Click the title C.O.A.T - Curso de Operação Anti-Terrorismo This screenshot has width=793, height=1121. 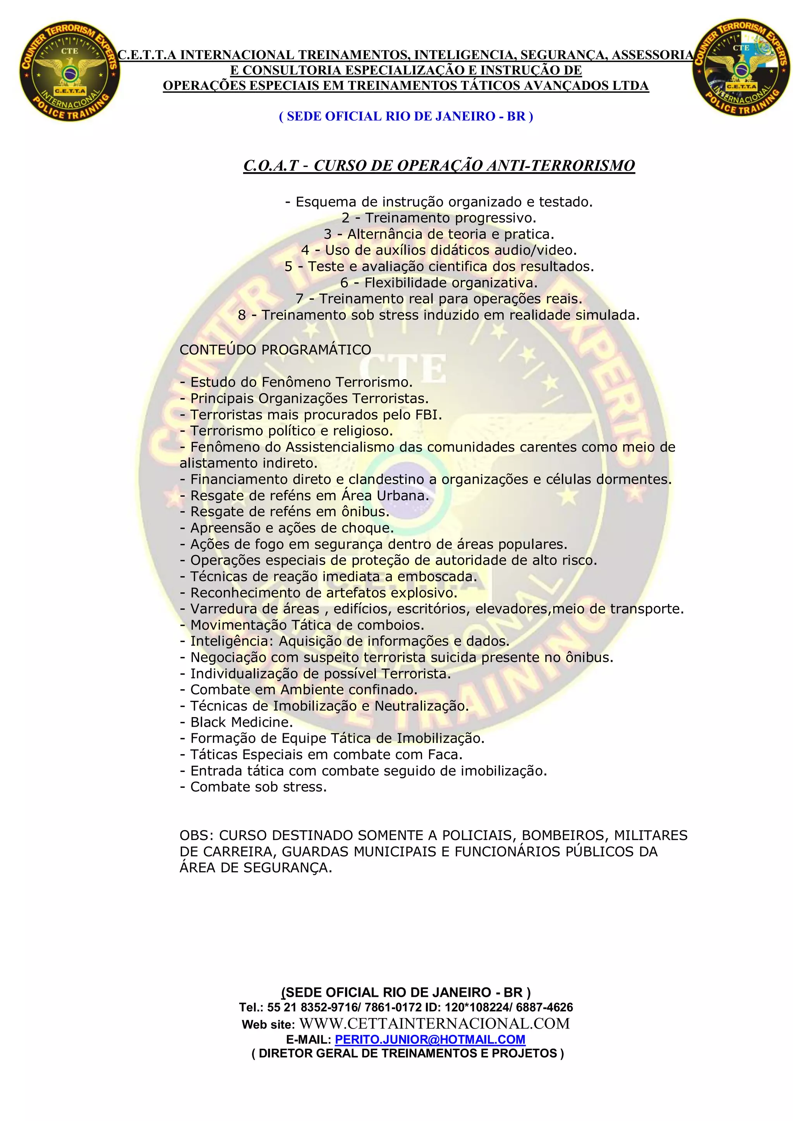pyautogui.click(x=439, y=166)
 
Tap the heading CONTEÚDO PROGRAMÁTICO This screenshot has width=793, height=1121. pyautogui.click(x=275, y=349)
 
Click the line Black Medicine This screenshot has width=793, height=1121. pyautogui.click(x=241, y=722)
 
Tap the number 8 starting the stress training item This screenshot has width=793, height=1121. pyautogui.click(x=242, y=315)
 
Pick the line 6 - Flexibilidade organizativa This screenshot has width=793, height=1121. pyautogui.click(x=439, y=283)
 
